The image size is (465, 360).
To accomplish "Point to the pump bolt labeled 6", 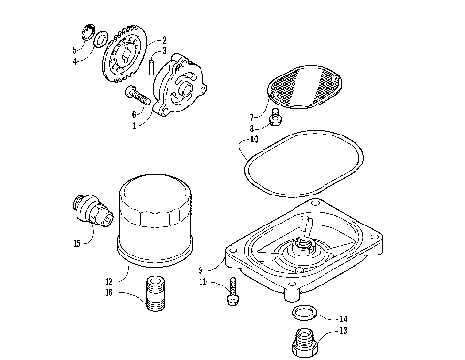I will point(139,96).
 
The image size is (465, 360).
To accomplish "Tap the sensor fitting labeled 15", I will point(88,210).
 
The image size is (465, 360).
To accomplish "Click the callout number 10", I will point(253,140).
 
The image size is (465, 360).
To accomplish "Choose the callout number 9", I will point(201,272).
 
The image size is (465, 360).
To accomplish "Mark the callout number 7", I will point(250,115).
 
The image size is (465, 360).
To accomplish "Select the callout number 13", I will point(341,330).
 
